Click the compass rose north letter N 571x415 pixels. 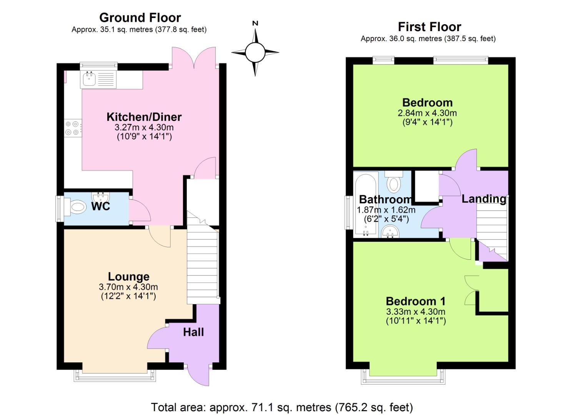point(255,23)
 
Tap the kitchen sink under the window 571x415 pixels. point(90,79)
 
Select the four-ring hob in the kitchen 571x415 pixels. point(72,128)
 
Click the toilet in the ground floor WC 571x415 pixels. point(77,207)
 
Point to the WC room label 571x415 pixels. point(101,206)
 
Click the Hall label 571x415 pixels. point(193,332)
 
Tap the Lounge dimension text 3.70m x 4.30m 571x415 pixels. point(128,287)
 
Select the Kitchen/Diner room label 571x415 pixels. point(144,117)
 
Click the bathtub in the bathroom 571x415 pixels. point(366,206)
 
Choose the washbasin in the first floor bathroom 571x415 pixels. point(390,232)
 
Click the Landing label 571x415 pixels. point(484,199)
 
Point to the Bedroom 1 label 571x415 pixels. point(415,301)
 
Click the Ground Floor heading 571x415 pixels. point(140,18)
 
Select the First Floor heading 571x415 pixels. point(429,27)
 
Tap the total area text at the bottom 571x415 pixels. point(282,407)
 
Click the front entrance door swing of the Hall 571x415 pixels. point(198,375)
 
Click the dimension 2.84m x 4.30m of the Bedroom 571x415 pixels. point(427,113)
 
